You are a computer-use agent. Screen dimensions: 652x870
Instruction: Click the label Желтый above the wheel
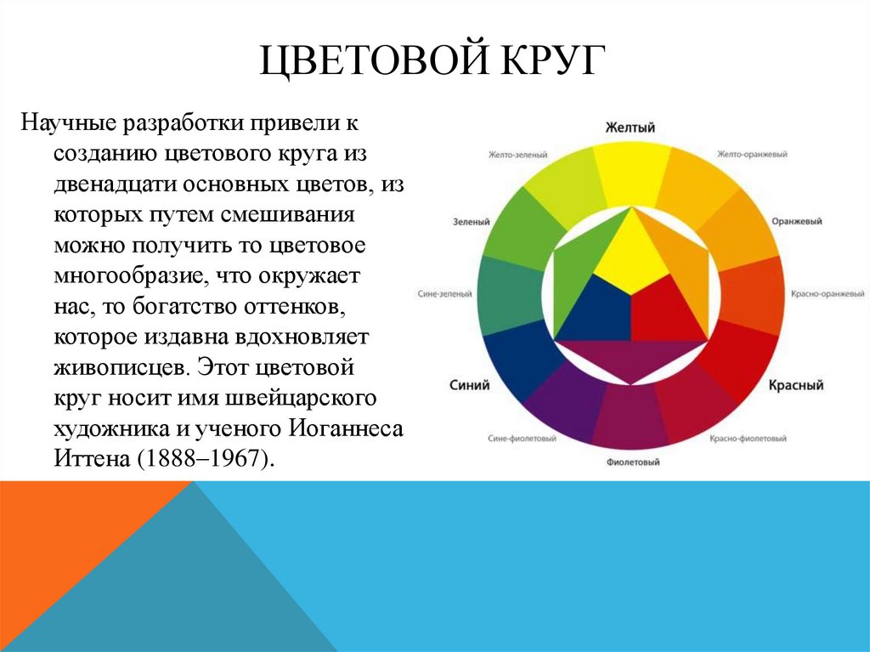tap(630, 128)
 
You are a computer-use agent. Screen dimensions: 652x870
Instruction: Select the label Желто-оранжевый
tap(752, 155)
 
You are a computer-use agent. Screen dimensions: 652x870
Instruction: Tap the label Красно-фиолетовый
tap(747, 439)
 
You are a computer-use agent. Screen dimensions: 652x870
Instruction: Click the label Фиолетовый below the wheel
tap(633, 463)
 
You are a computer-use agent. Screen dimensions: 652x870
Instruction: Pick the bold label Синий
tap(469, 385)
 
